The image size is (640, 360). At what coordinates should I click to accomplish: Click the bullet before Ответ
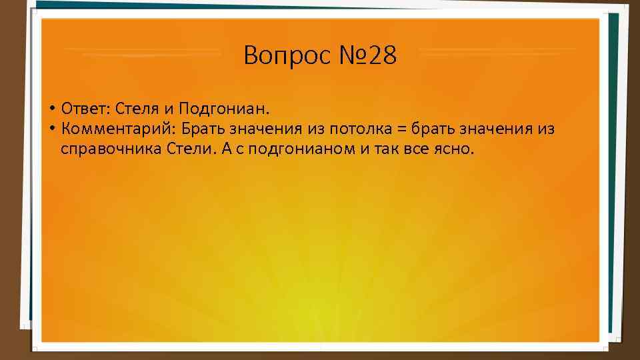pyautogui.click(x=51, y=109)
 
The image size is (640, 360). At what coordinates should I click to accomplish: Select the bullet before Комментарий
pyautogui.click(x=51, y=129)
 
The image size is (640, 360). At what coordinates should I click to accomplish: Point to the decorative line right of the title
pyautogui.click(x=497, y=51)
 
